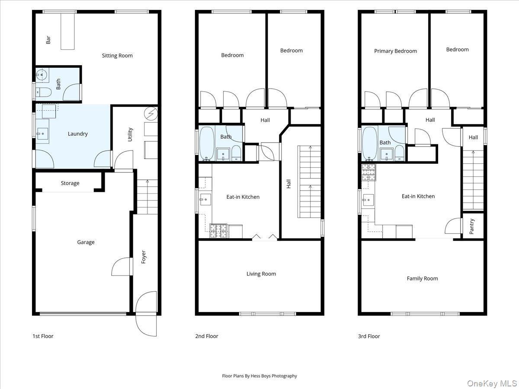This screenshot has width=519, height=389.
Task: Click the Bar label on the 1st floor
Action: [48, 40]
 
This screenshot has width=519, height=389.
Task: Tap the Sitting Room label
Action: [117, 55]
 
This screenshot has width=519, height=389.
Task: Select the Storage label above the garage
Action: [70, 183]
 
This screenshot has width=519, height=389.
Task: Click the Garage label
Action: [86, 242]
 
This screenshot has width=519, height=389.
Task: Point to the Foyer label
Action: [144, 257]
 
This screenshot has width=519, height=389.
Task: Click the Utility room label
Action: [130, 134]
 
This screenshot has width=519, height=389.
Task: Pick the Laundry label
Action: [78, 134]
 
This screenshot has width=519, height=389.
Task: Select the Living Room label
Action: [261, 274]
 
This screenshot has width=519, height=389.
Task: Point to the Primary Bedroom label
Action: [395, 51]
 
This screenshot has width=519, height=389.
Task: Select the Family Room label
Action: [422, 278]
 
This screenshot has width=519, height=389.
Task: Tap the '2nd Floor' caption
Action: [207, 336]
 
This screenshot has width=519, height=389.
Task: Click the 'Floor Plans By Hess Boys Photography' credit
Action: [259, 376]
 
